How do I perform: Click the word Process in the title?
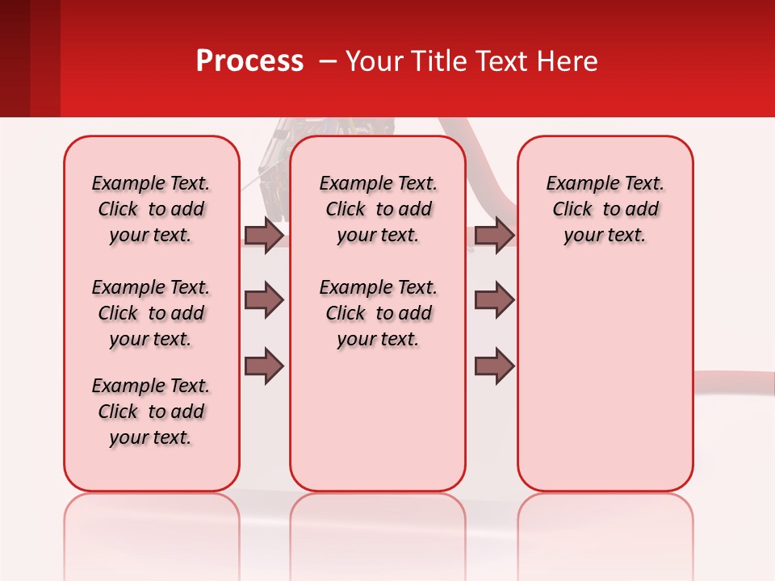[x=249, y=61]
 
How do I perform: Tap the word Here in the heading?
[x=568, y=61]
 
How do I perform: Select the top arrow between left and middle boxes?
[x=264, y=236]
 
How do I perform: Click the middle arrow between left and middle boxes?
[x=264, y=300]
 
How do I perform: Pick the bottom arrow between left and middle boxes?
[x=264, y=366]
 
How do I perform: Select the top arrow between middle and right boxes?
[x=494, y=236]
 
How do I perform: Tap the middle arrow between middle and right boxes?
[x=494, y=300]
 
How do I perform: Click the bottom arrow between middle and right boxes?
[x=494, y=366]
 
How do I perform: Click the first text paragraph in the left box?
[x=151, y=209]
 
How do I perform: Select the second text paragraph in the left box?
[x=151, y=313]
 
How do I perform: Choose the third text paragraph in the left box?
[x=151, y=412]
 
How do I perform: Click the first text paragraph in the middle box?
[x=378, y=209]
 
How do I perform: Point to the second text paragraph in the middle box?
[x=378, y=313]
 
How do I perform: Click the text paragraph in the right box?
[x=605, y=209]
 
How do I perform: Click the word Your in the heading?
[x=374, y=61]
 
